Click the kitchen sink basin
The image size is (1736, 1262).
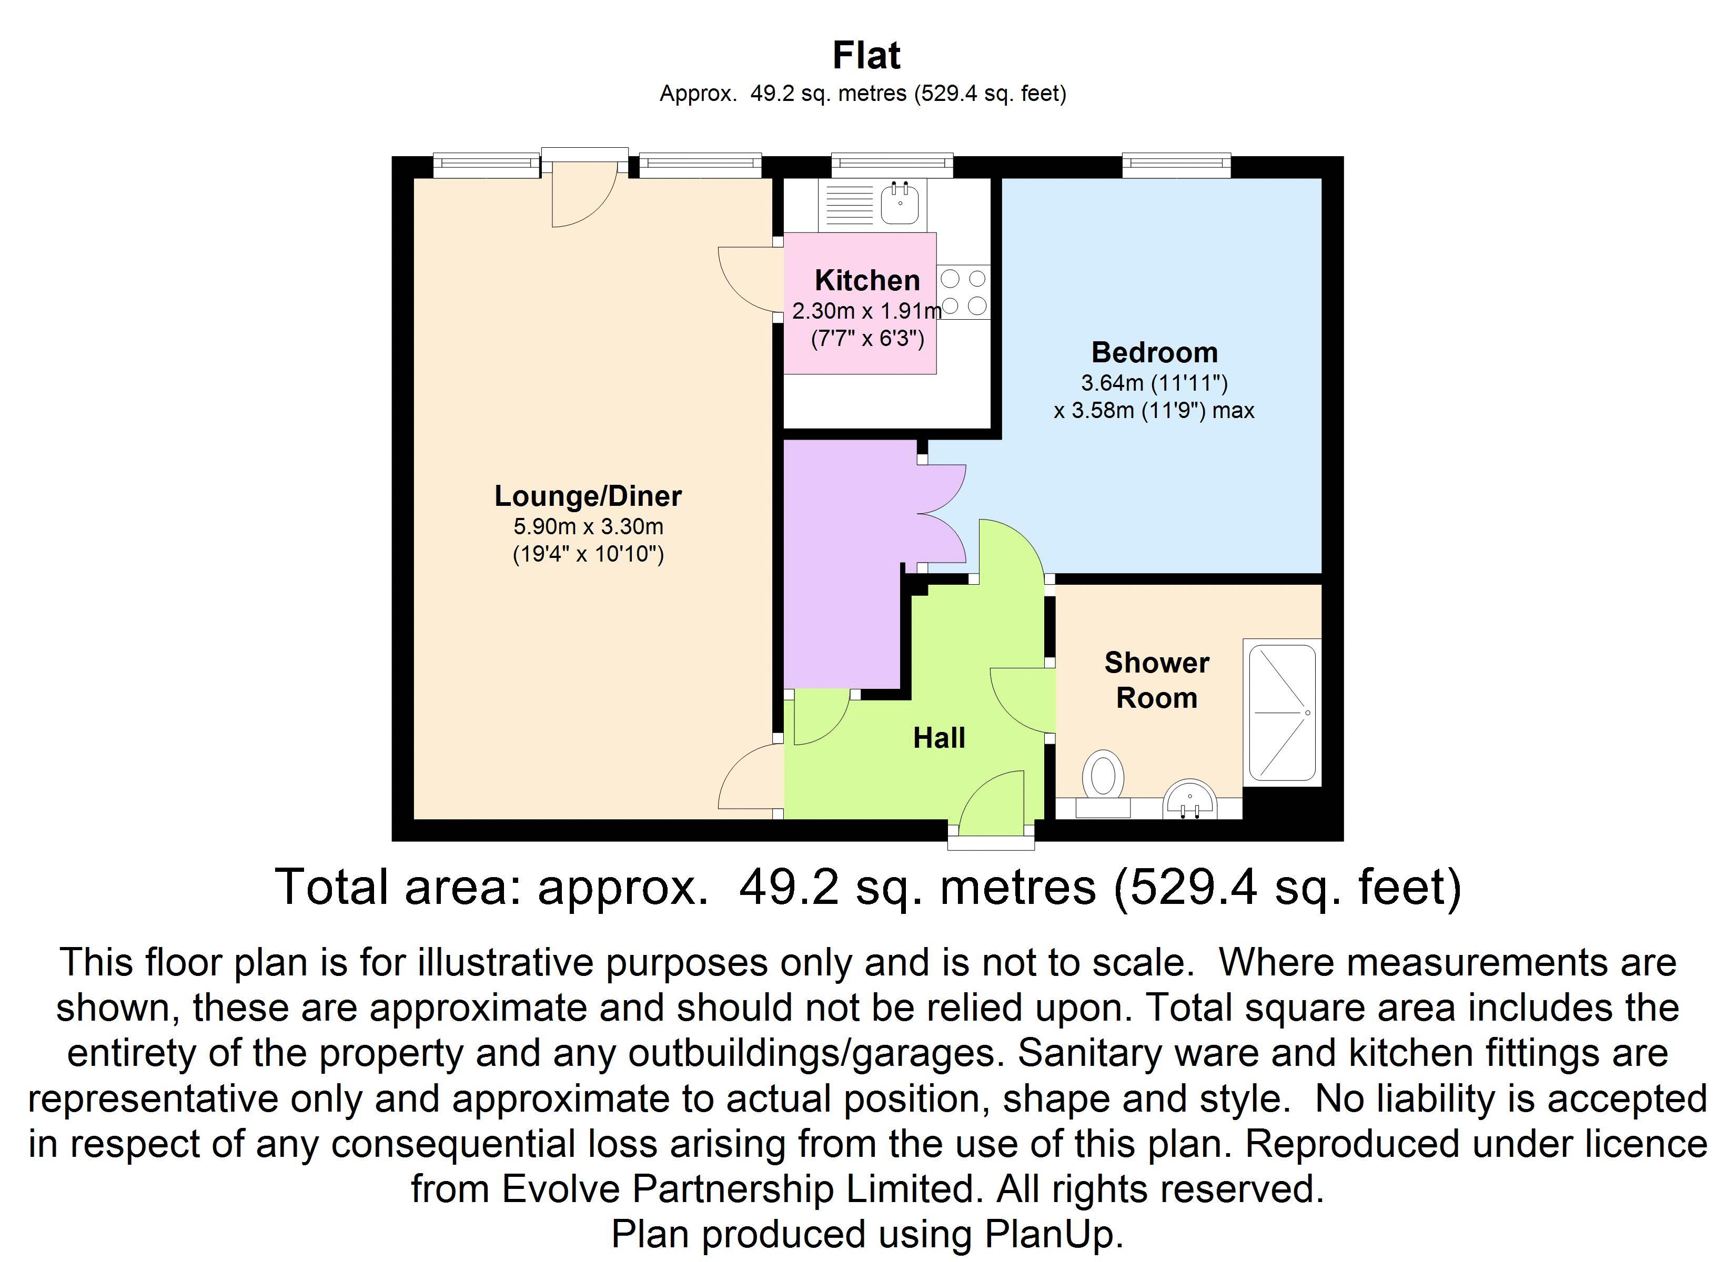tap(900, 203)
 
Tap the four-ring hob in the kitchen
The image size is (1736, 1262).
tap(964, 292)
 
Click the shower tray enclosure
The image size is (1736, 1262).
tap(1282, 713)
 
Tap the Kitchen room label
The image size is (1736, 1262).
tap(867, 280)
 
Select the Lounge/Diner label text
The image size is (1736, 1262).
tap(588, 496)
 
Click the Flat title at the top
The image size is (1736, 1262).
tap(866, 55)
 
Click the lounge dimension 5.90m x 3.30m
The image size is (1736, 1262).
tap(588, 526)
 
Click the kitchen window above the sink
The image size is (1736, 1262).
tap(893, 165)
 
